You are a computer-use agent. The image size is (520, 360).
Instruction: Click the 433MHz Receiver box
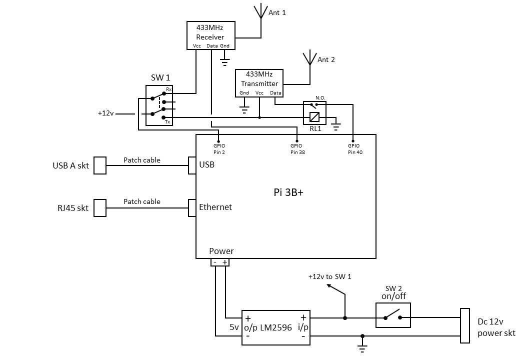(x=210, y=35)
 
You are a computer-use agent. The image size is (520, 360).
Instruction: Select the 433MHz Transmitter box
(x=259, y=83)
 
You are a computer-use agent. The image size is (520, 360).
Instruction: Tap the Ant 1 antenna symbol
(x=260, y=12)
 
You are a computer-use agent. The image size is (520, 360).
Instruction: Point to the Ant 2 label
(x=326, y=59)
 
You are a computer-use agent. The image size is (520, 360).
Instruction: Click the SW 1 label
(x=160, y=77)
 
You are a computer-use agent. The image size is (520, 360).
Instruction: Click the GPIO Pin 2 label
(x=218, y=148)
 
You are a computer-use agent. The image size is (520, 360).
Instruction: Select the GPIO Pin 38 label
(x=297, y=148)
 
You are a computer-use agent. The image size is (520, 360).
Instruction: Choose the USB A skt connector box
(x=100, y=165)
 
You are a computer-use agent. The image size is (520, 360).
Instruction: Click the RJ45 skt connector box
(x=100, y=208)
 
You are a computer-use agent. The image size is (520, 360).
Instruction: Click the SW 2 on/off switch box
(x=393, y=315)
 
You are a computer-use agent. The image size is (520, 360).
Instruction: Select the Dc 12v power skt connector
(x=464, y=325)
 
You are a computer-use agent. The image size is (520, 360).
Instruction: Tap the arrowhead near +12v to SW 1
(x=329, y=286)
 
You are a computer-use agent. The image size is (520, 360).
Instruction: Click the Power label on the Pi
(x=221, y=251)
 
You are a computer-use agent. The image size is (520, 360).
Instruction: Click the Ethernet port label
(x=215, y=207)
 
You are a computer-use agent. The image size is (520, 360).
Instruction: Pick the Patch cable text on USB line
(x=142, y=160)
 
